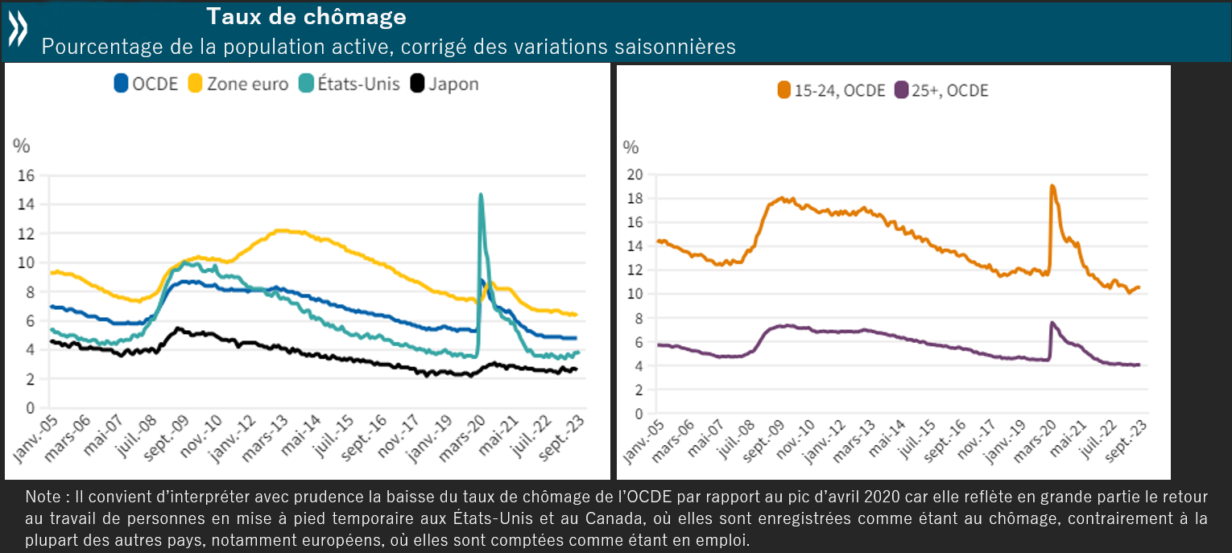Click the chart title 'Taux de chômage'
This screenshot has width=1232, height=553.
(x=306, y=16)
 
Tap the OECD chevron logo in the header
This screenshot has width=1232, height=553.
(x=18, y=30)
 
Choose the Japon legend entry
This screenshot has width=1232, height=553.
(x=444, y=84)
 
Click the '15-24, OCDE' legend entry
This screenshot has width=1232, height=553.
(x=831, y=90)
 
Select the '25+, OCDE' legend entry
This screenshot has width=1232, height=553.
(x=941, y=90)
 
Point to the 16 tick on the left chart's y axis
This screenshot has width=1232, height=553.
(x=26, y=175)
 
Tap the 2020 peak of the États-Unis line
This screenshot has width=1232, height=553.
(x=481, y=194)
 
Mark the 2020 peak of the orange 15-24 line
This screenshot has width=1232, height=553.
(x=1052, y=186)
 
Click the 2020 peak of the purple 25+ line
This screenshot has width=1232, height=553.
(x=1052, y=323)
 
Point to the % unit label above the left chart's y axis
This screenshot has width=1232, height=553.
(x=21, y=146)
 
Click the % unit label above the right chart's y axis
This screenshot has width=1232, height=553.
(x=631, y=147)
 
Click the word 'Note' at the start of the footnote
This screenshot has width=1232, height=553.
(x=42, y=495)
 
